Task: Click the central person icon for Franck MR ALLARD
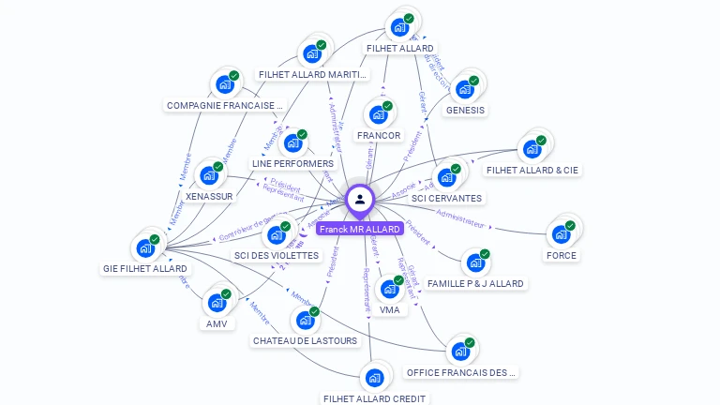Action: (x=360, y=199)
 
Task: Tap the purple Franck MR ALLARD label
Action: (x=360, y=229)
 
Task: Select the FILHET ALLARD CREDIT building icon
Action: (x=375, y=378)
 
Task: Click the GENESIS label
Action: (x=465, y=110)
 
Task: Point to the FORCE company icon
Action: (x=561, y=234)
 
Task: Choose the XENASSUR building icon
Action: (x=209, y=175)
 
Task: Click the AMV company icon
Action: (x=217, y=303)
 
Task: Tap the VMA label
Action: (x=389, y=310)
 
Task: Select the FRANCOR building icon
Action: (x=379, y=114)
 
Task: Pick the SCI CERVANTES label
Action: (x=446, y=198)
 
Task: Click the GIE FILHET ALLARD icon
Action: (x=145, y=247)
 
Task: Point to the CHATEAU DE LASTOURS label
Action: (x=305, y=340)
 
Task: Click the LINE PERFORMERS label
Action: (x=292, y=164)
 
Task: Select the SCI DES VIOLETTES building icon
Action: (x=277, y=234)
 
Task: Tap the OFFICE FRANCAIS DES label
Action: (x=460, y=372)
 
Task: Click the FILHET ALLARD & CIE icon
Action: (x=532, y=149)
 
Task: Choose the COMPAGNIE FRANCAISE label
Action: (x=224, y=106)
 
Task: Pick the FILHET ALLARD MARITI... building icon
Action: (x=312, y=53)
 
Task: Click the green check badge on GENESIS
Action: (x=474, y=81)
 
